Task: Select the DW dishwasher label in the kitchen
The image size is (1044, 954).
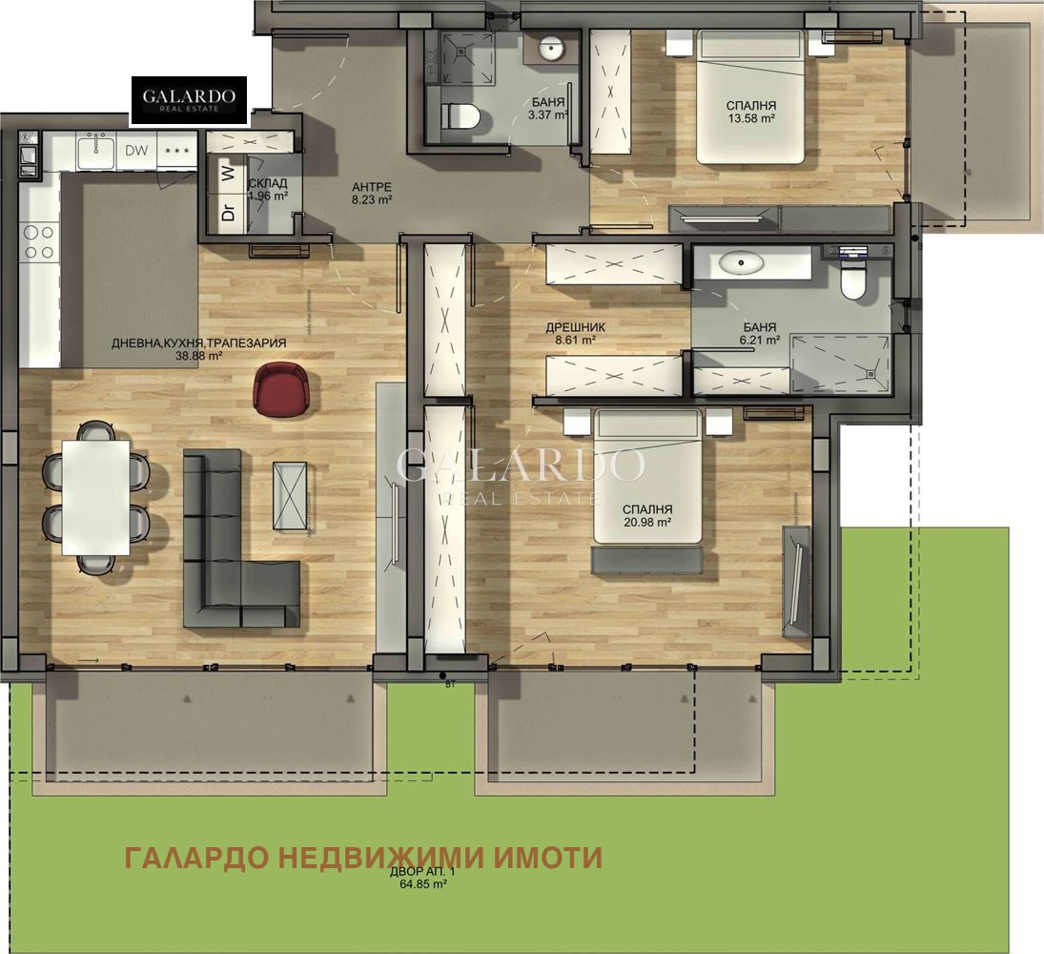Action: [x=136, y=151]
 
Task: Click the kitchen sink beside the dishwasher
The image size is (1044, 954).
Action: [x=96, y=149]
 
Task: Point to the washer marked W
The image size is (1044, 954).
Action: [x=228, y=175]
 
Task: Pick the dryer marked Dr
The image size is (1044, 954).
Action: [x=228, y=212]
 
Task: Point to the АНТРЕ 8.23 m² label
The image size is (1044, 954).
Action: [x=372, y=194]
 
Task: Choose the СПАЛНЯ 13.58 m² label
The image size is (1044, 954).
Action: [x=751, y=112]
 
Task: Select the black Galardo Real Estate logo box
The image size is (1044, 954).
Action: [x=189, y=100]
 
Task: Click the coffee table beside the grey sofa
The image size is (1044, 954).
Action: [x=290, y=495]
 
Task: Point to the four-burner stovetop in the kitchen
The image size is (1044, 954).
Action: [x=38, y=241]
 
